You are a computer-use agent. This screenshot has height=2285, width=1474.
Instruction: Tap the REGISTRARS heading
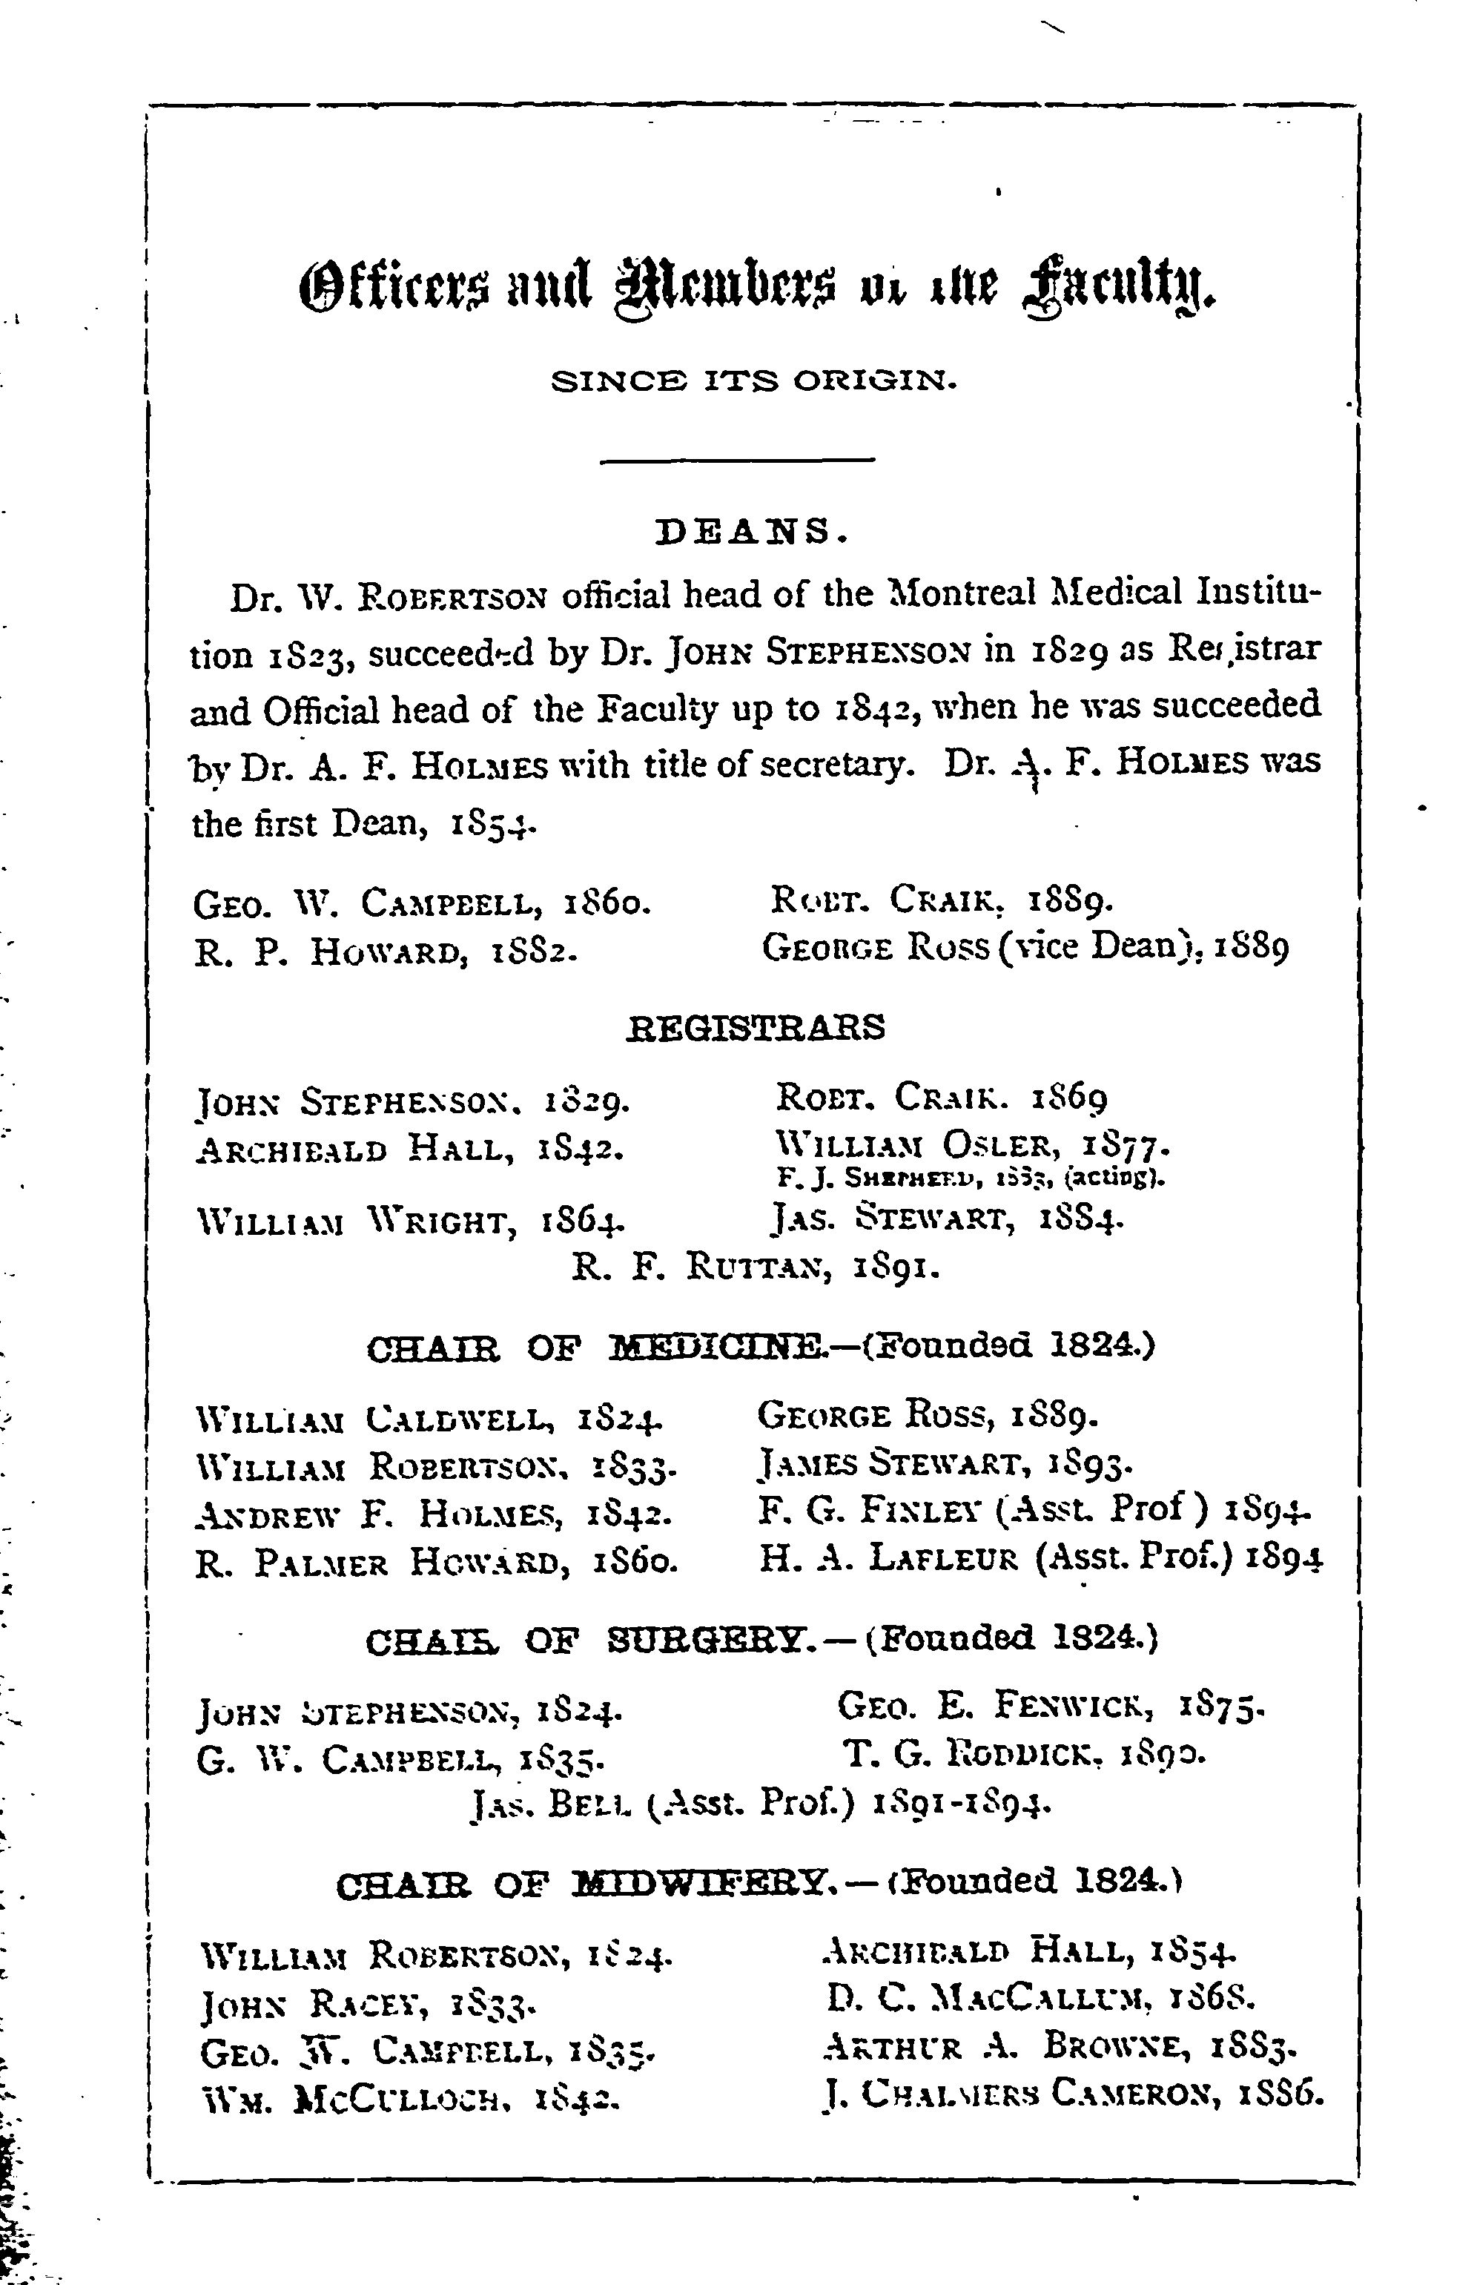click(756, 1027)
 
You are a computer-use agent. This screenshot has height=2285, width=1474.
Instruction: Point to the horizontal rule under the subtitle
click(737, 461)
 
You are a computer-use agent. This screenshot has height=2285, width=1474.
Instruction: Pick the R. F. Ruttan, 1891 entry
click(756, 1267)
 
